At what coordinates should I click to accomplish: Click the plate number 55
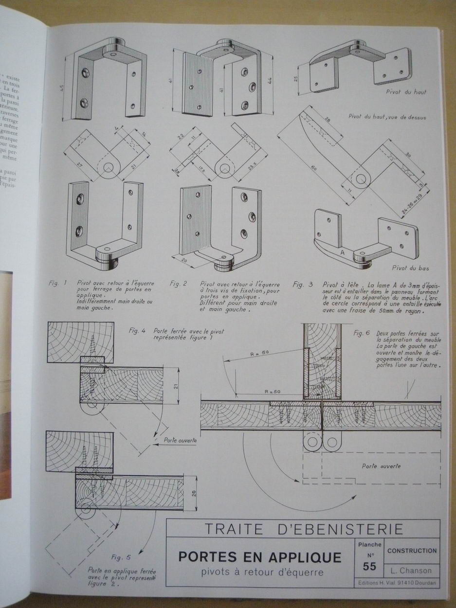[x=369, y=567]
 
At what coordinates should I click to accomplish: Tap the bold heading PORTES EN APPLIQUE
[x=259, y=556]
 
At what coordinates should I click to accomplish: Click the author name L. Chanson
[x=411, y=571]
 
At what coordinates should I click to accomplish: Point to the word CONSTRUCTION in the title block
[x=411, y=551]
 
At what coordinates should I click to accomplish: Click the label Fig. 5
[x=120, y=557]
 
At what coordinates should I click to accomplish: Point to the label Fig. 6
[x=362, y=334]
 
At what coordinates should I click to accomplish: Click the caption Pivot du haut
[x=406, y=91]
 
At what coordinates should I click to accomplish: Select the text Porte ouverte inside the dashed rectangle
[x=381, y=465]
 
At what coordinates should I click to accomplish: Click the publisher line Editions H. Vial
[x=397, y=582]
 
